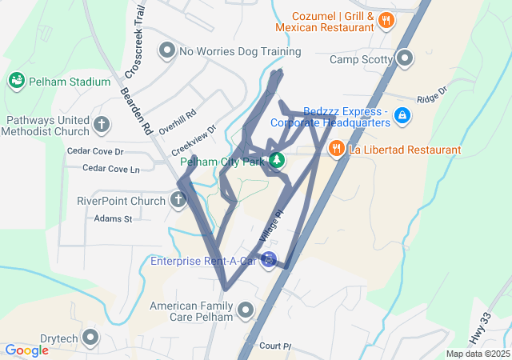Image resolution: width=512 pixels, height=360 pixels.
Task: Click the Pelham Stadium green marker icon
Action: (15, 81)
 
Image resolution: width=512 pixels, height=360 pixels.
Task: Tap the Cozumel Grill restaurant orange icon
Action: (386, 21)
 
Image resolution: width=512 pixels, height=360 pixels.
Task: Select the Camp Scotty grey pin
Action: (405, 58)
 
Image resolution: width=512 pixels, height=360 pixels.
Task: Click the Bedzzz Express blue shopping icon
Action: (402, 117)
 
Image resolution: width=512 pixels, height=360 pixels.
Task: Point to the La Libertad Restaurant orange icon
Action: (336, 148)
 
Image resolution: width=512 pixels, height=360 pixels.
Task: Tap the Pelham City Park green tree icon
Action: (277, 161)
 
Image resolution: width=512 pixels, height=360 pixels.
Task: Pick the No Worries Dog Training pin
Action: (167, 51)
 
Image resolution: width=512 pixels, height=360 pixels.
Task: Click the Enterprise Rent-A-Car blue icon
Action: (270, 261)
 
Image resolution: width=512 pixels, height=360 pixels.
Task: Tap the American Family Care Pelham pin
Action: (245, 307)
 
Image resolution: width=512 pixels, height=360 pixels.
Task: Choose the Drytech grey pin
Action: (90, 338)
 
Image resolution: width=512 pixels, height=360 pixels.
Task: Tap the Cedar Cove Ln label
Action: (112, 169)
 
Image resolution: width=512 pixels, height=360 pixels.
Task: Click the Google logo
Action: (26, 350)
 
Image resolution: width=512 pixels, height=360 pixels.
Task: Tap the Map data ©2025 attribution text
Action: (478, 354)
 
